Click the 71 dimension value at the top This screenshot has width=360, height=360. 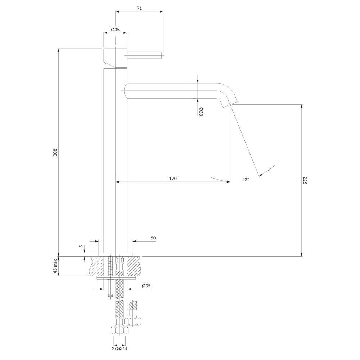point(139,9)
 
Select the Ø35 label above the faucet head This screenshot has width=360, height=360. point(115,30)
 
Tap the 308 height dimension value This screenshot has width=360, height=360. point(55,152)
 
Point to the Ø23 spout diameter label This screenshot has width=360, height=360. point(201,112)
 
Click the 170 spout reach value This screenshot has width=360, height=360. point(173,179)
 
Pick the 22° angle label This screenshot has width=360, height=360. point(246,179)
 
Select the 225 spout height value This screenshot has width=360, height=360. point(305,180)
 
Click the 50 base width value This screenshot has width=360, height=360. point(153,238)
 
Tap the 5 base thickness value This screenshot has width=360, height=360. point(81,246)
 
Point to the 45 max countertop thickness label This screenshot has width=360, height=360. point(55,266)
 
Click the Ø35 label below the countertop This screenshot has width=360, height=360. point(146,286)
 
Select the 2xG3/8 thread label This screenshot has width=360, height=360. point(120,355)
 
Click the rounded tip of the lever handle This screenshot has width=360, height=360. point(162,55)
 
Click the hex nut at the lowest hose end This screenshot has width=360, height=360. point(120,330)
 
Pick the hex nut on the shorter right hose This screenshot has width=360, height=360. point(133,321)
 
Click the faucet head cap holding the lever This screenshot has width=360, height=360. point(116,59)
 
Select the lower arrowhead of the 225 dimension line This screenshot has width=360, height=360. point(302,255)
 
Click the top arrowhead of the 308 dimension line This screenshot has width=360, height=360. point(59,51)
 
